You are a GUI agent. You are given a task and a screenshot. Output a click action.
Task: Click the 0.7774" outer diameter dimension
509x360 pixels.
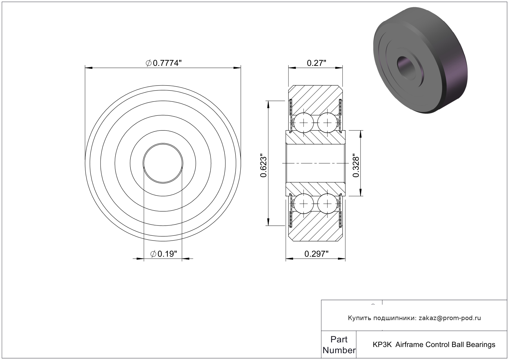coord(164,63)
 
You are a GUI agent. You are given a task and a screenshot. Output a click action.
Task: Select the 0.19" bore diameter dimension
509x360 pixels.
coord(164,254)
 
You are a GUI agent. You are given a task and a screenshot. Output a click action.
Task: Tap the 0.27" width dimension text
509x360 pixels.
coord(317,63)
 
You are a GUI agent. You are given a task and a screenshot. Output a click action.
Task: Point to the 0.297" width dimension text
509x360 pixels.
coord(317,254)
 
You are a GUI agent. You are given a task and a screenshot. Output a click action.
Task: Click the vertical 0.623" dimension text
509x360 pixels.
coord(263,163)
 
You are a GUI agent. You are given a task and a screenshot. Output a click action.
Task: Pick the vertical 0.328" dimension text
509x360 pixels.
coord(356,163)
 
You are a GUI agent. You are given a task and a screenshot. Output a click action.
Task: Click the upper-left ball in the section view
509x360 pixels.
coord(304,123)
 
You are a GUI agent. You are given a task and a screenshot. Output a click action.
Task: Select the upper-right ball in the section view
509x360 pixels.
coord(327,123)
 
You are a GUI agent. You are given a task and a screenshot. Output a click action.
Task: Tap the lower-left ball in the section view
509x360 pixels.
coord(304,204)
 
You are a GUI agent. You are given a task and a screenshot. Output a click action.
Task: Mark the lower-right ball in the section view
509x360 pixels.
coord(327,204)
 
